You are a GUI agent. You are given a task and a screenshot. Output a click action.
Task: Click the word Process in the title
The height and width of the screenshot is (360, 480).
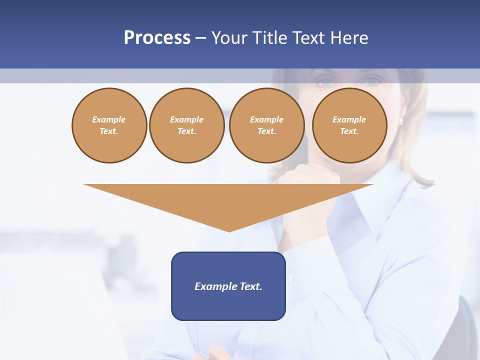[157, 38]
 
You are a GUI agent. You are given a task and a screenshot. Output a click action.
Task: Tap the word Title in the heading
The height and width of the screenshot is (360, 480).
[270, 38]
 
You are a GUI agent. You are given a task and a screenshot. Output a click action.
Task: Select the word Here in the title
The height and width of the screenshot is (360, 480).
[349, 38]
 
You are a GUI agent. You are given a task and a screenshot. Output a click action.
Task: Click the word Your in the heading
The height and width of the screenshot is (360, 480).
[230, 38]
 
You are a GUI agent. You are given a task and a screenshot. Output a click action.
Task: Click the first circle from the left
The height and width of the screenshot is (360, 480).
[109, 125]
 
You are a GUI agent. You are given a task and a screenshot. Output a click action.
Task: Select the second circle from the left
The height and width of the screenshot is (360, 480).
[186, 125]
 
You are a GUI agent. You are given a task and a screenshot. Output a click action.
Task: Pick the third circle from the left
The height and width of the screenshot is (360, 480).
[266, 125]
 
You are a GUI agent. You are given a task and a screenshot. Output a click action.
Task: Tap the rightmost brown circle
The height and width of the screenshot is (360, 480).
[349, 125]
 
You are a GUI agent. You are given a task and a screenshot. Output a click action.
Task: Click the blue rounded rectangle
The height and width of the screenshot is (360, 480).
[228, 286]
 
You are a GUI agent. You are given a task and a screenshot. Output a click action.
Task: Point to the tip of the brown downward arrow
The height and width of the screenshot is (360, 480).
[228, 230]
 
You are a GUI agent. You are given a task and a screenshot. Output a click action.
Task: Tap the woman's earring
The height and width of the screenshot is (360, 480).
[401, 120]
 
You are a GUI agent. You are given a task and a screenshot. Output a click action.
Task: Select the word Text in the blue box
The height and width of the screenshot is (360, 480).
[250, 286]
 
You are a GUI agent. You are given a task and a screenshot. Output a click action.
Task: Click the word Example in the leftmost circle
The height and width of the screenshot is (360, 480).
[109, 119]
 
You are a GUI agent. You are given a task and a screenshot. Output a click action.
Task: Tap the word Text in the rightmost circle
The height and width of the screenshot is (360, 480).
[349, 131]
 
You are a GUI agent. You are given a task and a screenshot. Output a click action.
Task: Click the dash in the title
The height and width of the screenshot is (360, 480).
[201, 38]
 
